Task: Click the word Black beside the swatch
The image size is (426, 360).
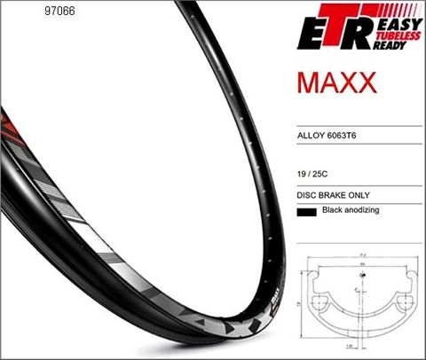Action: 332,211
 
